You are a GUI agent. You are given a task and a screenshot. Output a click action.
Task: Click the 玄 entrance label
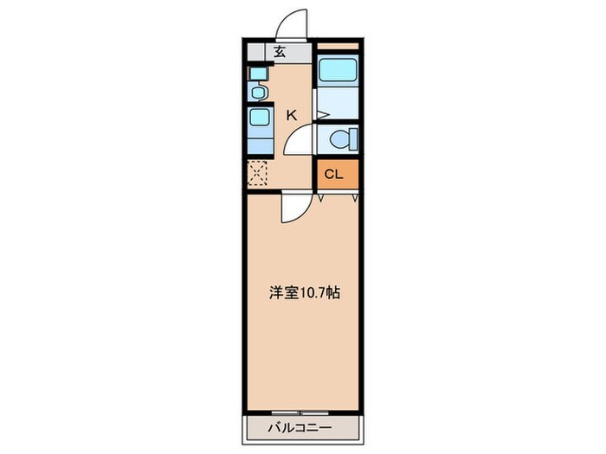280,52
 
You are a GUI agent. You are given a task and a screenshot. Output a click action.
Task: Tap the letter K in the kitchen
292,115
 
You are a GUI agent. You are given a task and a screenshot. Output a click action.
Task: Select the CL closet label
333,174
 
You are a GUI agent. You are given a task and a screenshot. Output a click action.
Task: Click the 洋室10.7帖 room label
305,293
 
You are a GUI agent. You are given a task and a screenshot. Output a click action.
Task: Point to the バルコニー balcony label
300,428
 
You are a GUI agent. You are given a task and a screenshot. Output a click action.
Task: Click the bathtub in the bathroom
338,70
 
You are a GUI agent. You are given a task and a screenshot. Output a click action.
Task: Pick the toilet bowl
340,139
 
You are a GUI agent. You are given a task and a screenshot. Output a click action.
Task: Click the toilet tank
353,139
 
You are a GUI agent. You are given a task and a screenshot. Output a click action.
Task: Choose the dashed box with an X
257,173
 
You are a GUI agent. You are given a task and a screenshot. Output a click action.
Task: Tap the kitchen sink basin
259,118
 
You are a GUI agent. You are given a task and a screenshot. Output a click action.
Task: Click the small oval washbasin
258,93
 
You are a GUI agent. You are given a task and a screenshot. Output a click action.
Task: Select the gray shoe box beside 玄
256,53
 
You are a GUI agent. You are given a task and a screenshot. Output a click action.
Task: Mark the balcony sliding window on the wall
300,412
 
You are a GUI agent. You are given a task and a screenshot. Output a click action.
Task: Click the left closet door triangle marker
320,199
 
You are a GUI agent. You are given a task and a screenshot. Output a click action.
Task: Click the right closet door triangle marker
355,199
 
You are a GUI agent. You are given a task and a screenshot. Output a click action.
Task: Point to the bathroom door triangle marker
322,115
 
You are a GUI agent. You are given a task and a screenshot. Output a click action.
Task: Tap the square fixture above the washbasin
258,73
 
